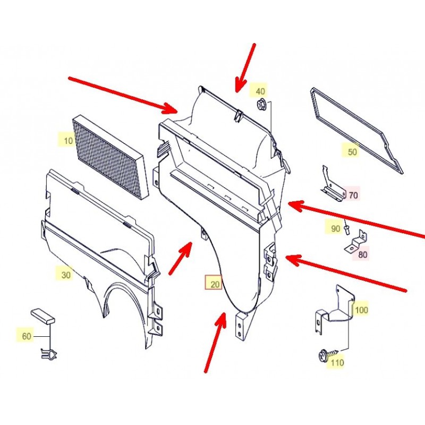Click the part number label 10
click(69, 141)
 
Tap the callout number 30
click(66, 275)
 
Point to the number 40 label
click(260, 91)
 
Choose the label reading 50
click(352, 152)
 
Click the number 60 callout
click(26, 336)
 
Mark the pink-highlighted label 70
click(353, 195)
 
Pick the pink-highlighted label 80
click(362, 254)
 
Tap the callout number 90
click(336, 229)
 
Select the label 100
click(361, 310)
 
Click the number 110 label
click(337, 362)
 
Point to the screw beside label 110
click(327, 354)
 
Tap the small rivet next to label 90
click(347, 228)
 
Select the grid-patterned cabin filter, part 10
click(110, 157)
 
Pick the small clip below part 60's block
click(49, 353)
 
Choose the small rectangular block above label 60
click(43, 316)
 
